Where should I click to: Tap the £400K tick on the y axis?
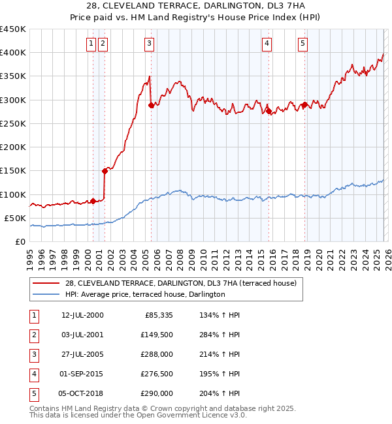click(13, 53)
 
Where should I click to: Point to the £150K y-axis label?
click(13, 170)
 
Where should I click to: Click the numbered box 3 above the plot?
click(150, 44)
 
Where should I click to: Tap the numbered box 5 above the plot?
click(303, 44)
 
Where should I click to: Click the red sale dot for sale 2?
click(105, 171)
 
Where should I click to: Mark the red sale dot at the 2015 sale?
click(269, 112)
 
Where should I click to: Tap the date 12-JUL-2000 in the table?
click(82, 315)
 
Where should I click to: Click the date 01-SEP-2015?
click(82, 374)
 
